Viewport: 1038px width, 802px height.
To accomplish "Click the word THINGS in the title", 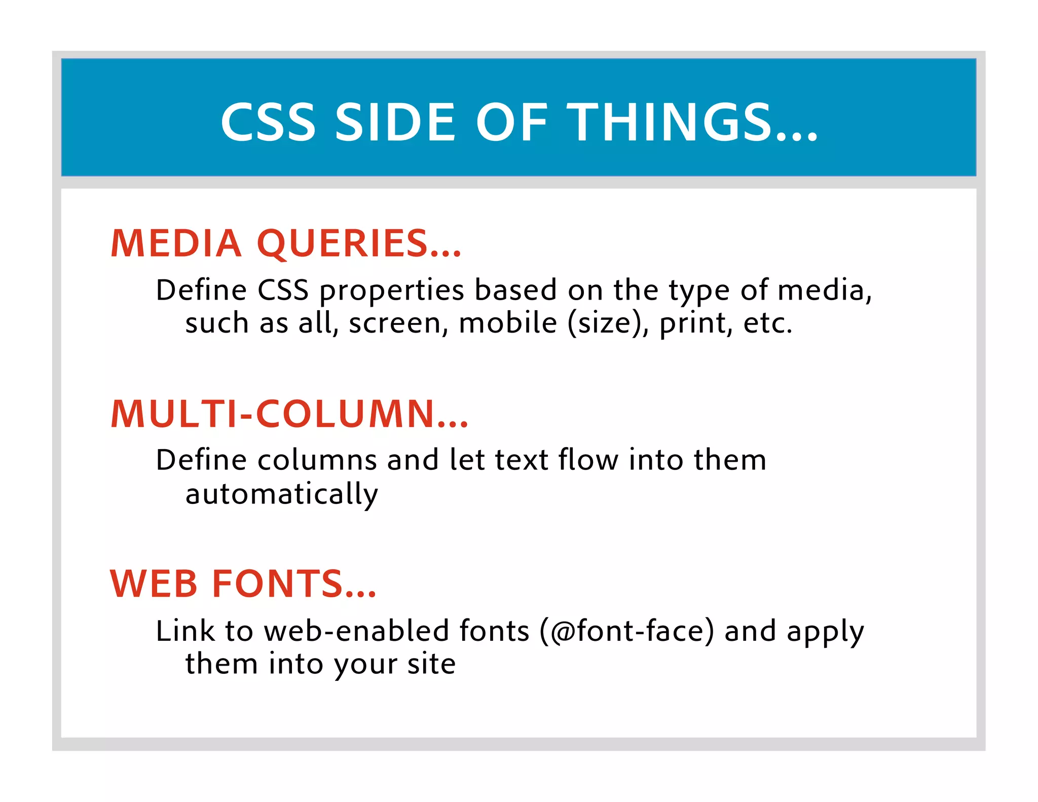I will tap(692, 122).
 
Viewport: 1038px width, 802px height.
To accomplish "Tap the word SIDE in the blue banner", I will tap(396, 122).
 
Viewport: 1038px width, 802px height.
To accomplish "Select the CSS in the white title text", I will tap(269, 122).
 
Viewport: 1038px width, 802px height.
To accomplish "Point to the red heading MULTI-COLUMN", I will tap(289, 414).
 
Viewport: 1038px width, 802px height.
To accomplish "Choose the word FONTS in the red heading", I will tap(294, 584).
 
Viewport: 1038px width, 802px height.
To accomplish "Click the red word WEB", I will tap(154, 584).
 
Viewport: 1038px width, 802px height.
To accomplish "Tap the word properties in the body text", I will tap(392, 291).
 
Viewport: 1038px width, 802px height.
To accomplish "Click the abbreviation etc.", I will tap(767, 323).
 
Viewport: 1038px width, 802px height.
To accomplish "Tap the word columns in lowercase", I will tap(317, 460).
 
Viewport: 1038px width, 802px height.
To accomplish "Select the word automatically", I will tap(282, 494).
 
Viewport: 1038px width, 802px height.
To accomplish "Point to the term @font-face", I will tap(627, 631).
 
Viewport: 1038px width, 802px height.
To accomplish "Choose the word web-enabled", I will tap(357, 631).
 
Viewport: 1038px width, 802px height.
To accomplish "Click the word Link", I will tap(186, 631).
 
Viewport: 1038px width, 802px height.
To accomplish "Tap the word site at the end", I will tap(431, 664).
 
